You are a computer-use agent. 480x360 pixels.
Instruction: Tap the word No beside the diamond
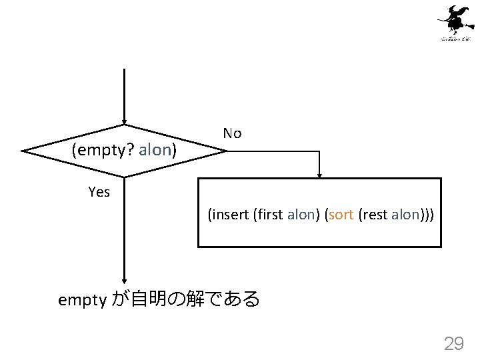tap(232, 133)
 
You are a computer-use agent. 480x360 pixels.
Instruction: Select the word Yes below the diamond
tap(99, 192)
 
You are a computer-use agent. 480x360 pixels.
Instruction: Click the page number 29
tap(454, 343)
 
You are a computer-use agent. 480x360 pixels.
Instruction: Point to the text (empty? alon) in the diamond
tap(124, 150)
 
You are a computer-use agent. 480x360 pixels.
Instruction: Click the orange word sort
tap(341, 215)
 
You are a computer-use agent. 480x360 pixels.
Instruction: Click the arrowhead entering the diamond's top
tap(125, 121)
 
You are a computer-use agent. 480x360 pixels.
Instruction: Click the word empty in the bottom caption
tap(82, 300)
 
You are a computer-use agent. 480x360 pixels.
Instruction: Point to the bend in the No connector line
tap(320, 151)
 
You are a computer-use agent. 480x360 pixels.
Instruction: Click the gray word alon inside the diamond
tap(155, 150)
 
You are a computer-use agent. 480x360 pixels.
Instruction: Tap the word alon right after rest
tap(405, 215)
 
